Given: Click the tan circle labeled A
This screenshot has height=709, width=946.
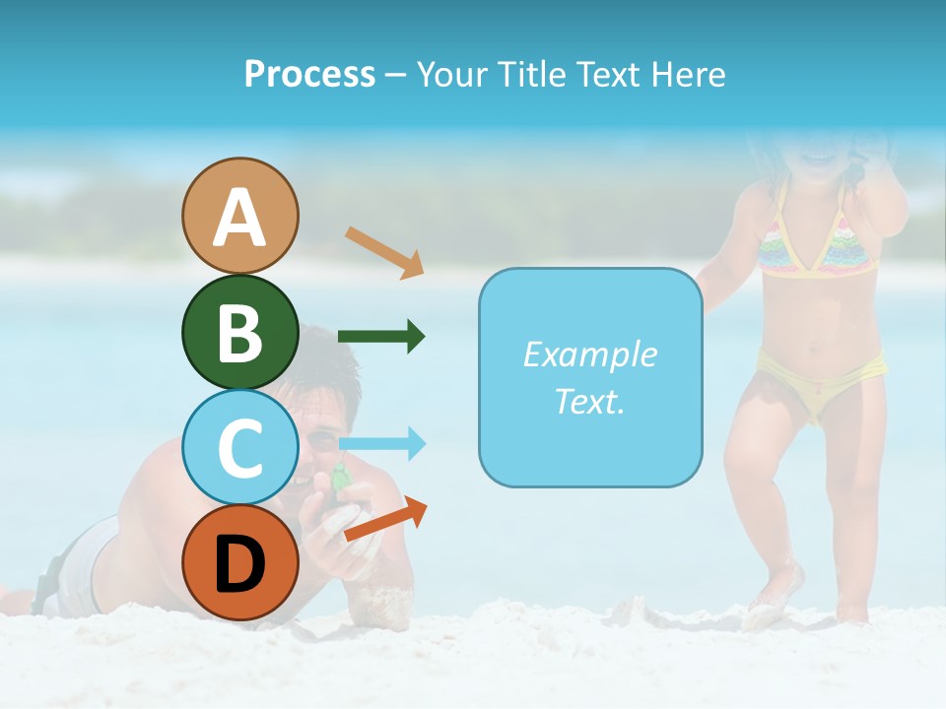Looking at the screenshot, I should (239, 216).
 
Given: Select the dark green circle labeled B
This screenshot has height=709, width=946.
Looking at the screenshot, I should (239, 332).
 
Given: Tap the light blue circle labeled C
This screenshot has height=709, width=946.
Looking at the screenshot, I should (239, 447).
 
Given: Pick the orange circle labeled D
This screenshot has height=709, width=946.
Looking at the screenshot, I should (239, 562).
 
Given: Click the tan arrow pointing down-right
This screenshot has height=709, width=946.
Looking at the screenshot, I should (384, 252).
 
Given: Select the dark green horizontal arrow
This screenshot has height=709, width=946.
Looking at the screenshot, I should (381, 337).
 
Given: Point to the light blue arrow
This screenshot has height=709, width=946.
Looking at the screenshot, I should (381, 444).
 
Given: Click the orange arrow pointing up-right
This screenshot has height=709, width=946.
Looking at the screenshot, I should (385, 520).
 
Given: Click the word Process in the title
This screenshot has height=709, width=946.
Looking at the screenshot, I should (309, 75).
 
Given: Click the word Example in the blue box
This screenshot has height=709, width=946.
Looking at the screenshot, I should (589, 354).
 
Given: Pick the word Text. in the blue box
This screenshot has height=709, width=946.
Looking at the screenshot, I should (589, 401).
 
